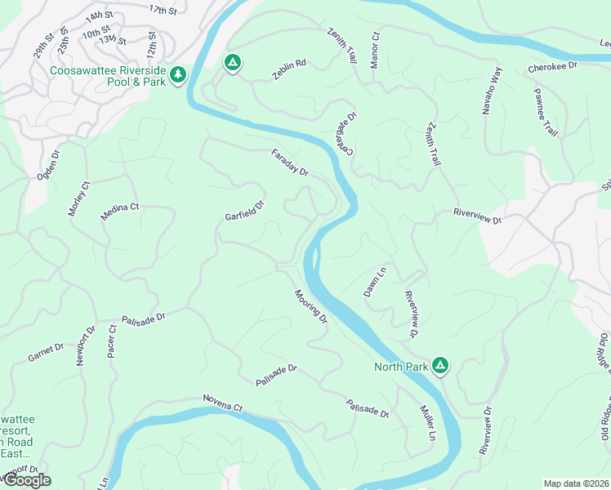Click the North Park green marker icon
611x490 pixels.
point(440,365)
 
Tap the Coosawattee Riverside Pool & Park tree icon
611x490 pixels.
point(177,74)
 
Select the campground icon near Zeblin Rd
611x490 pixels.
point(232,62)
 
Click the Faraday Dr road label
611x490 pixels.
point(291,163)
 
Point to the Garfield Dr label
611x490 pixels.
point(245,212)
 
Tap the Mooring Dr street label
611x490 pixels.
point(311,305)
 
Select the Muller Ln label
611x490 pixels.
point(426,423)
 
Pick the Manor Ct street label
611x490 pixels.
point(375,50)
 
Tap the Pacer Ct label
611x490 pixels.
point(113,342)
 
